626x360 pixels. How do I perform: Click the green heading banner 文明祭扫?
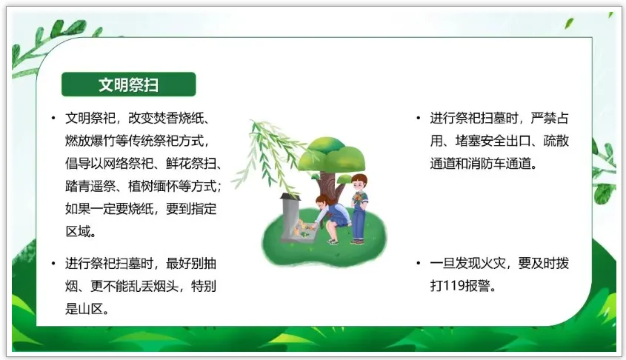[129, 84]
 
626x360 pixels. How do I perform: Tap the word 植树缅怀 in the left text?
[153, 186]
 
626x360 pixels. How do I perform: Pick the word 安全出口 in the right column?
[505, 141]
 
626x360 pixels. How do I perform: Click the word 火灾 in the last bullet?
[493, 264]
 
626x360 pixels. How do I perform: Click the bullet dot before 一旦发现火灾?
[418, 263]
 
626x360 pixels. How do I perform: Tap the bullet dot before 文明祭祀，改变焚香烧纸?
[53, 118]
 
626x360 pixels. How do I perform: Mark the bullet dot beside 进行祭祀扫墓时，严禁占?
[418, 118]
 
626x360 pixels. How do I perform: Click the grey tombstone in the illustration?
[290, 219]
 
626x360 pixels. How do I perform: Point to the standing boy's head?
[359, 182]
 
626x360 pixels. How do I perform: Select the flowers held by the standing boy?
[358, 198]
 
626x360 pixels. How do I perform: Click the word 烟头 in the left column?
[167, 286]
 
